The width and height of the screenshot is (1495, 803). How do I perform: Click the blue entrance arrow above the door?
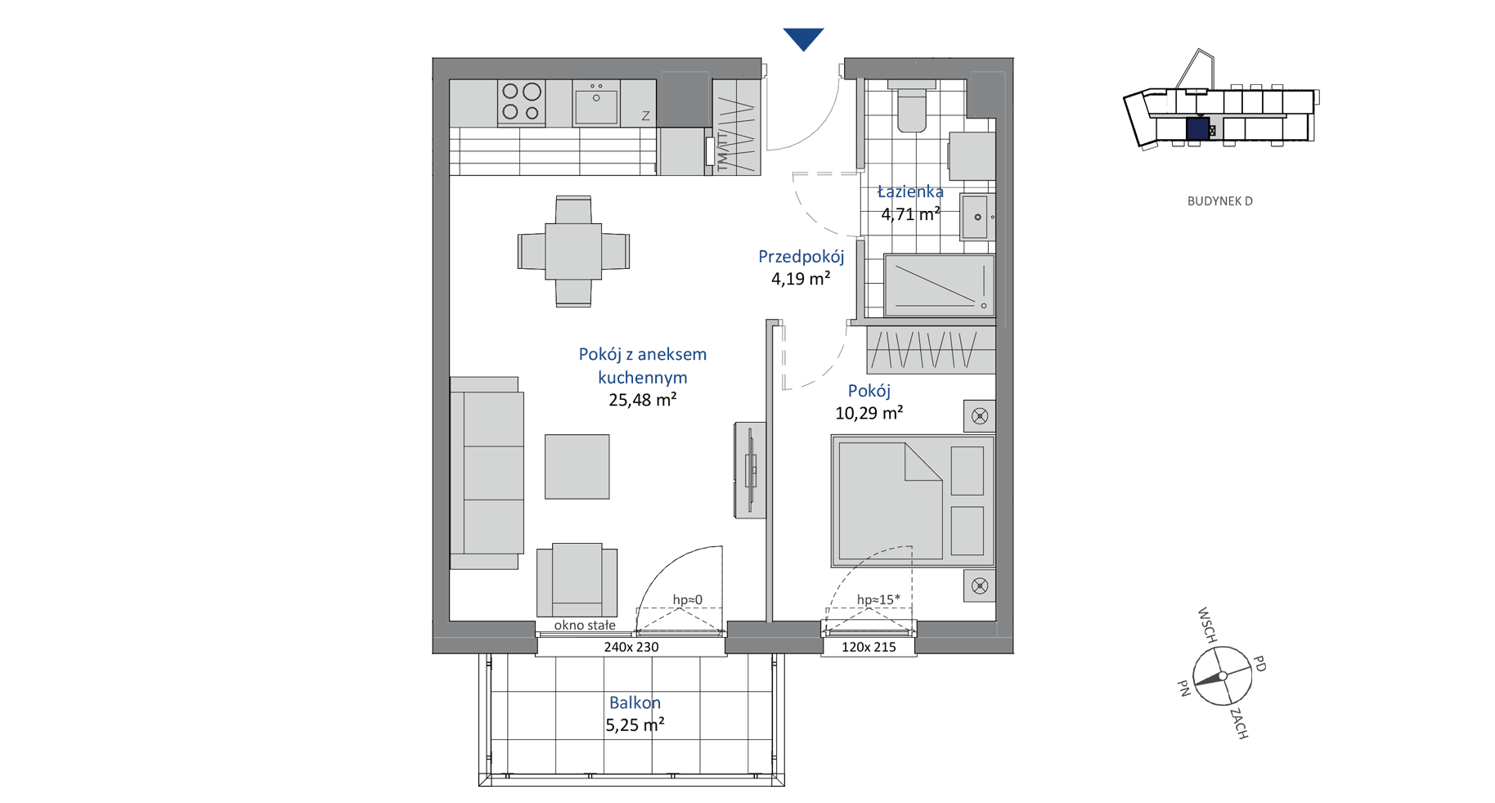(x=803, y=38)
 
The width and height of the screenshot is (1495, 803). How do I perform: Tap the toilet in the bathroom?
(x=911, y=105)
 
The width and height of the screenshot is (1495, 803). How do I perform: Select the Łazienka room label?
(x=910, y=191)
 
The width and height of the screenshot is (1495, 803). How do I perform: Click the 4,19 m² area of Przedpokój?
(x=801, y=279)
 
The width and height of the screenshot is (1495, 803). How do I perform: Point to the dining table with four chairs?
(x=573, y=251)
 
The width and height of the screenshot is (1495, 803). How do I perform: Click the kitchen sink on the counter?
(x=596, y=103)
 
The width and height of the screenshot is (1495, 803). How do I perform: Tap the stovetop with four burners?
(x=522, y=103)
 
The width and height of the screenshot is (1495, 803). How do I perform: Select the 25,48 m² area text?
(x=642, y=400)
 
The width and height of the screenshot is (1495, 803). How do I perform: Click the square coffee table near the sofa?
(x=577, y=466)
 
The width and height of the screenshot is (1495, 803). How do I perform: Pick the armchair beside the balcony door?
(x=577, y=580)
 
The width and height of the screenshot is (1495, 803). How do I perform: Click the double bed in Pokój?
(x=913, y=500)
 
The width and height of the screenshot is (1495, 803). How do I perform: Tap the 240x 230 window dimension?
(x=631, y=647)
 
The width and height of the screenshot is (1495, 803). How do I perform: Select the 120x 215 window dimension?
(x=869, y=647)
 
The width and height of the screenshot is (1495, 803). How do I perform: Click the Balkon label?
(x=635, y=702)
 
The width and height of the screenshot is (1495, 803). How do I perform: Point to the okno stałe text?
(x=585, y=626)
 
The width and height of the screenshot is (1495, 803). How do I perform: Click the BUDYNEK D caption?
(x=1219, y=201)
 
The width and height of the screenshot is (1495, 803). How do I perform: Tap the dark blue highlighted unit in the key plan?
(x=1197, y=129)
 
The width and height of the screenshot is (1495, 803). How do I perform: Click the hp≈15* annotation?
(x=878, y=599)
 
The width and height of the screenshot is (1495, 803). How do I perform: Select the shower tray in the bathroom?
(x=939, y=285)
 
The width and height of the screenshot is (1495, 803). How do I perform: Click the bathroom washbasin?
(x=976, y=217)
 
